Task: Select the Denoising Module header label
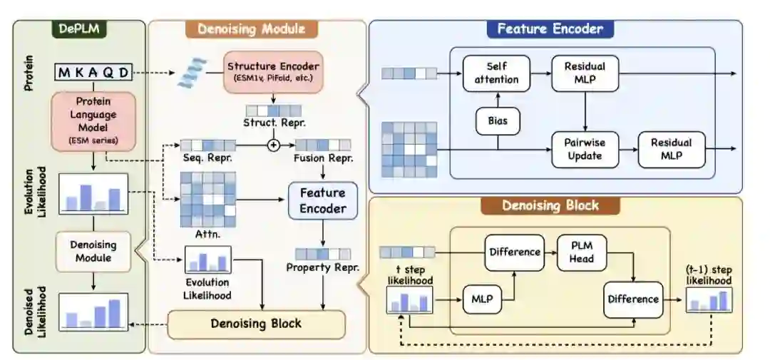(251, 29)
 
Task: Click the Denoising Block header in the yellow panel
(550, 206)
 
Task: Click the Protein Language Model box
(92, 122)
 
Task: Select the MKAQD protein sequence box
(95, 72)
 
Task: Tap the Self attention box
(497, 73)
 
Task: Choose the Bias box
(498, 121)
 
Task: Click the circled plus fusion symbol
(272, 145)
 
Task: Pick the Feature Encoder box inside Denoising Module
(322, 200)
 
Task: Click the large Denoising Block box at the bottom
(256, 324)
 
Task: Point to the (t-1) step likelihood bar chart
(709, 301)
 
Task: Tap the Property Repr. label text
(322, 267)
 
